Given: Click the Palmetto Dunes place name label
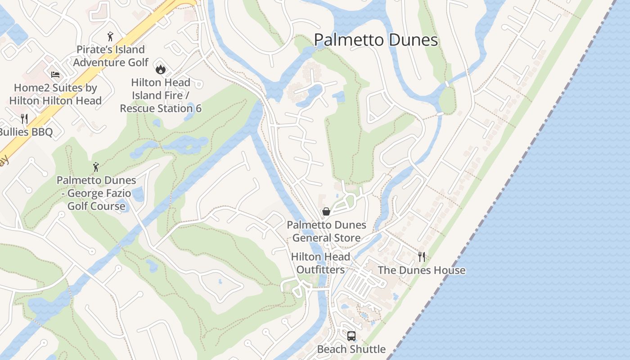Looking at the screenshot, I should click(x=376, y=40).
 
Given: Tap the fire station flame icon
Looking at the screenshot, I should click(x=161, y=69).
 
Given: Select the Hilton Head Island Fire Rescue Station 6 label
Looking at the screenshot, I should click(x=161, y=95).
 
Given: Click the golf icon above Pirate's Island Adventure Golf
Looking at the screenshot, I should click(x=110, y=36).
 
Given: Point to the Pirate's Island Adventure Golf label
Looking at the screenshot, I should click(x=111, y=56).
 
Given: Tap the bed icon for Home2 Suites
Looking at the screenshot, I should click(x=55, y=74).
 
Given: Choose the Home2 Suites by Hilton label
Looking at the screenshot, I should click(x=55, y=94).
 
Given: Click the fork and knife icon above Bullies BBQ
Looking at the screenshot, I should click(x=24, y=119).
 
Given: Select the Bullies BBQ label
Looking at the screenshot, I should click(x=26, y=132).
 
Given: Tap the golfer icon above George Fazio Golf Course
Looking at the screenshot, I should click(x=96, y=167).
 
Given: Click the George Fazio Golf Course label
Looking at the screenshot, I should click(x=96, y=193).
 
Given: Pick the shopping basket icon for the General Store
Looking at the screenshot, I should click(x=326, y=211).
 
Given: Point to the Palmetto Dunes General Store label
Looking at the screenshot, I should click(x=326, y=231).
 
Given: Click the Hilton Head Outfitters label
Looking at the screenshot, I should click(x=320, y=263).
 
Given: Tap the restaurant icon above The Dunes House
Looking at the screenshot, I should click(x=422, y=257).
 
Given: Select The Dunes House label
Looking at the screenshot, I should click(x=422, y=270).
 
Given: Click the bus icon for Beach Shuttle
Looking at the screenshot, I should click(x=351, y=336).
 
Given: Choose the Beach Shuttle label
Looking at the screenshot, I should click(x=351, y=349).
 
